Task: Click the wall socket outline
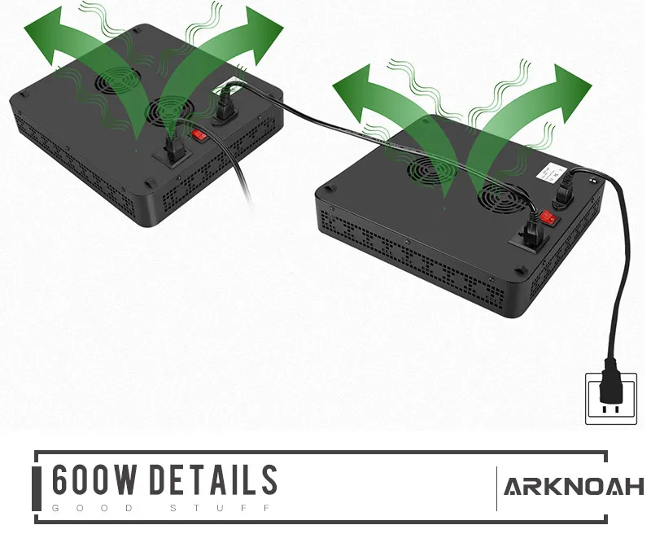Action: pos(606,398)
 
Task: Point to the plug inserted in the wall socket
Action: pos(608,390)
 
